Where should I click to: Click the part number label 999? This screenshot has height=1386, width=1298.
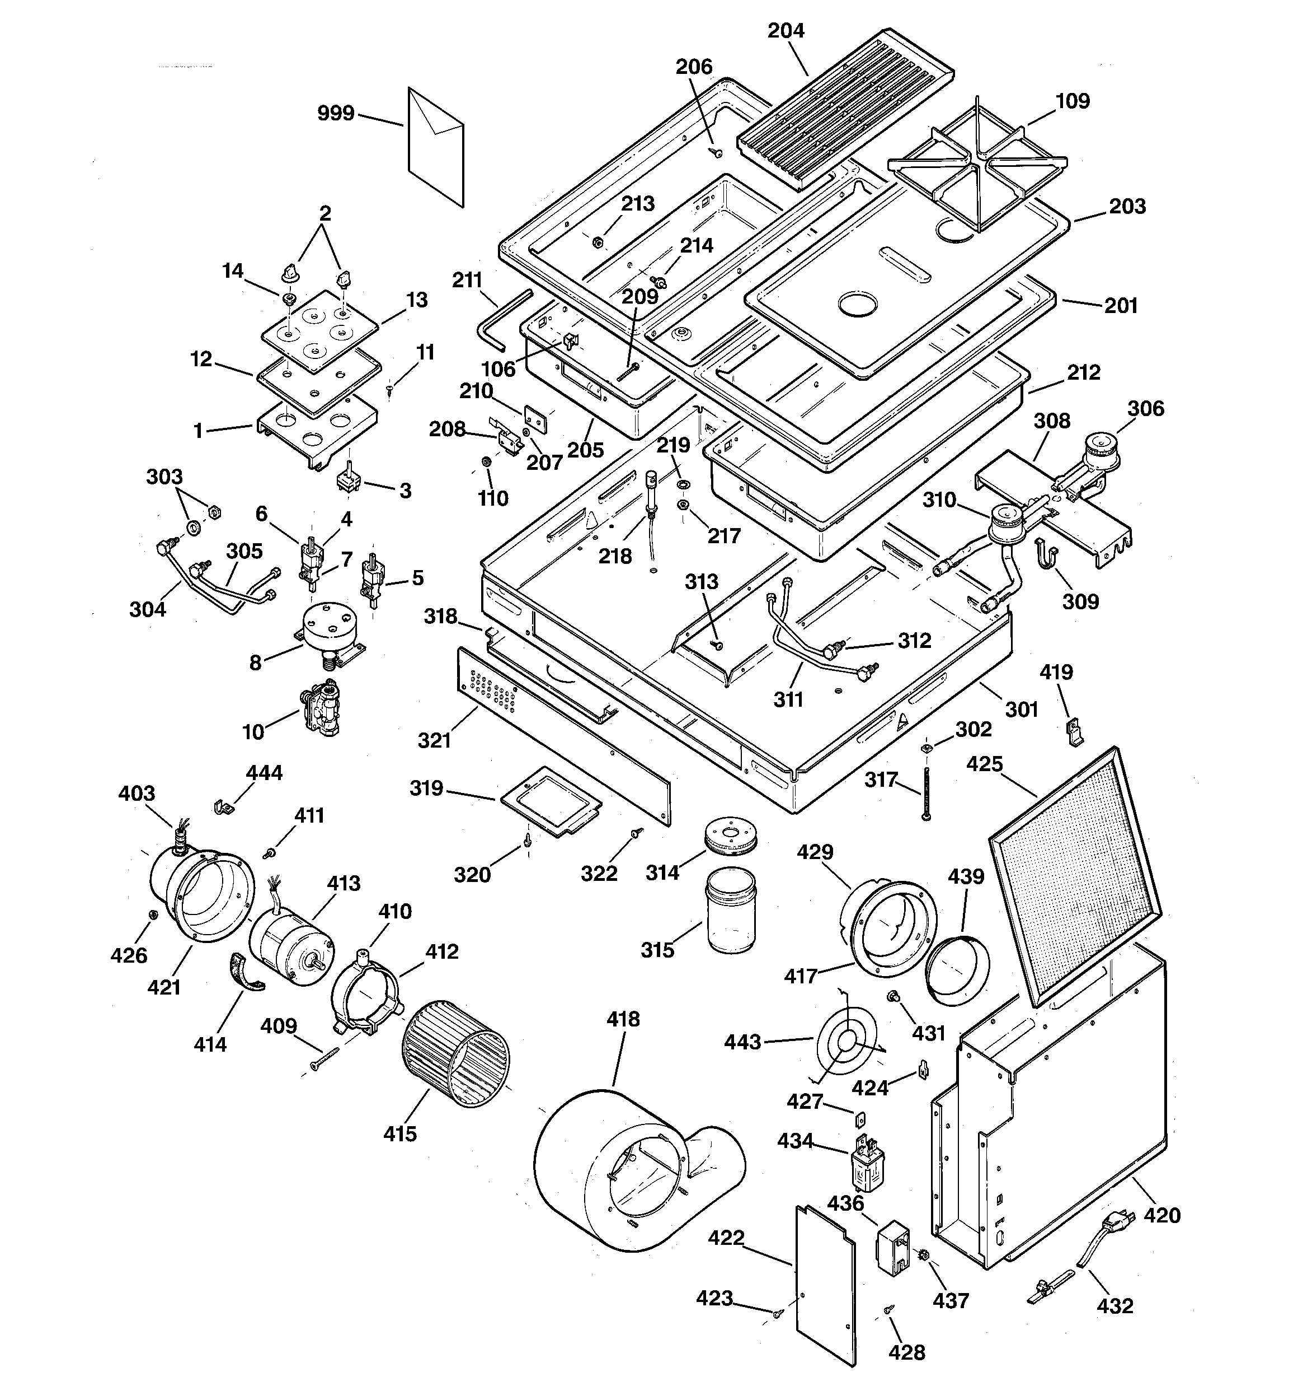click(x=336, y=114)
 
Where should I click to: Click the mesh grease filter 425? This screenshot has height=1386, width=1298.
click(x=1074, y=875)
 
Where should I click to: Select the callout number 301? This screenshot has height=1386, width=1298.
click(x=1022, y=709)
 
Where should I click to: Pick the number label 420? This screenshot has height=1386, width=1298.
click(x=1162, y=1215)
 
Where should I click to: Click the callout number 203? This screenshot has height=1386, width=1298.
click(x=1127, y=207)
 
